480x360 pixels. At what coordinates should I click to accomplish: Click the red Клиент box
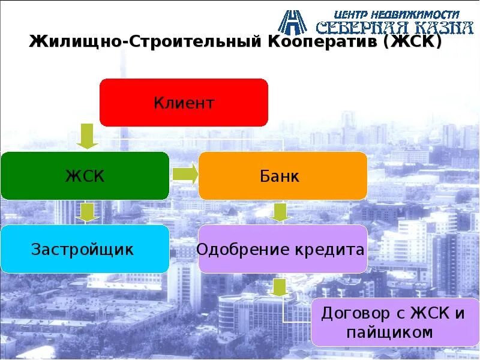[184, 103]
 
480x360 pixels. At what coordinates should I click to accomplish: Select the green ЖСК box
[85, 176]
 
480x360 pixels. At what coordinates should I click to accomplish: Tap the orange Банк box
[282, 176]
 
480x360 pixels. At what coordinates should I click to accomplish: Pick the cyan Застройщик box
[85, 249]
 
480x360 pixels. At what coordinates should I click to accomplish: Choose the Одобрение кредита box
[281, 249]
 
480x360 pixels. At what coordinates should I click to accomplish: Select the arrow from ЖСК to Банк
[185, 175]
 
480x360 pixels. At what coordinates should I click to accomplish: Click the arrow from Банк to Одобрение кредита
[279, 211]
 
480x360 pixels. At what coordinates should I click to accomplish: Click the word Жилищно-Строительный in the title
[145, 43]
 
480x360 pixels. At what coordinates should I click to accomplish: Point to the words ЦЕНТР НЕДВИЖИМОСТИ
[397, 13]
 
